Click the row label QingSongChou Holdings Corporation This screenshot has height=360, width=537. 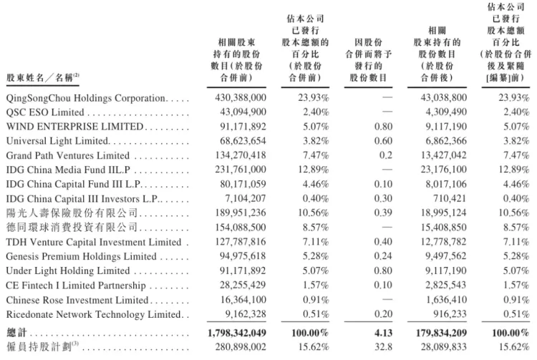(86, 97)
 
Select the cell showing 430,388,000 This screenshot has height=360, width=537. (241, 97)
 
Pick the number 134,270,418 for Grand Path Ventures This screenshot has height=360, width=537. (241, 155)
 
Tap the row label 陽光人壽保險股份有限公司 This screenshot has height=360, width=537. (61, 213)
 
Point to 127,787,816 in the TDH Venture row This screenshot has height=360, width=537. (241, 242)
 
